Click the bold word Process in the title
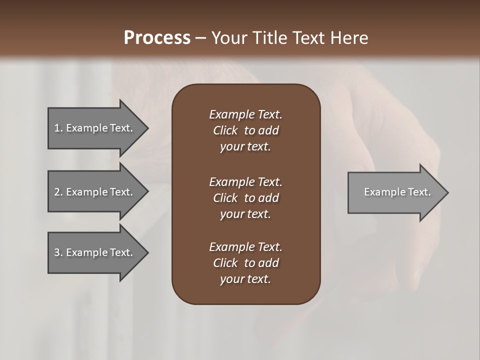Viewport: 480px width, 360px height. [157, 37]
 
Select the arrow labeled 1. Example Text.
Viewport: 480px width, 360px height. [95, 128]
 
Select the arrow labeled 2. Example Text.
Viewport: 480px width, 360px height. [95, 192]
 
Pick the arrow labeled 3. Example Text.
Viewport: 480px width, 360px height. [95, 252]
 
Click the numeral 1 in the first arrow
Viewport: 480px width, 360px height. [57, 128]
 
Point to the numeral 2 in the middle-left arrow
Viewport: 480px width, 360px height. [57, 192]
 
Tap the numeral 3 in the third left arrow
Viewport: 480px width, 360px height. [57, 252]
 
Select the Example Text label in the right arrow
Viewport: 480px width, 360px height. [397, 192]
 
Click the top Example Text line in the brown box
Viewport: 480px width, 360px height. [245, 114]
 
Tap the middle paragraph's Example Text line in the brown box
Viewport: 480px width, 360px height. [245, 182]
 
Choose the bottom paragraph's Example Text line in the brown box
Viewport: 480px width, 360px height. [245, 247]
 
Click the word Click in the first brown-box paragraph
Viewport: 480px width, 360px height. [225, 130]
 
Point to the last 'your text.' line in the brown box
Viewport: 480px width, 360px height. [245, 279]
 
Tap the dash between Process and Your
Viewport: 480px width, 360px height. [200, 38]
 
